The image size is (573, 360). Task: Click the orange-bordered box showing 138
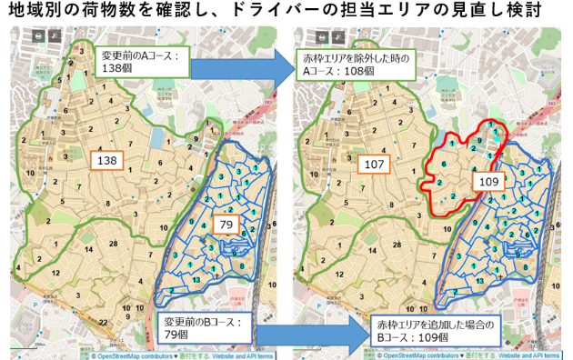(x=106, y=161)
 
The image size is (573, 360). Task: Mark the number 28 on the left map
(x=114, y=245)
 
